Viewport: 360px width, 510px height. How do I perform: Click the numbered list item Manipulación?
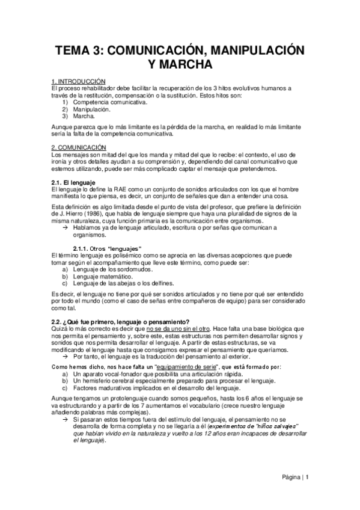[91, 110]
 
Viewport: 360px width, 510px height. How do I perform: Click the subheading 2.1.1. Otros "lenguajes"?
[107, 249]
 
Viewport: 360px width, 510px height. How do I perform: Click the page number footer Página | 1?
[296, 478]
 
